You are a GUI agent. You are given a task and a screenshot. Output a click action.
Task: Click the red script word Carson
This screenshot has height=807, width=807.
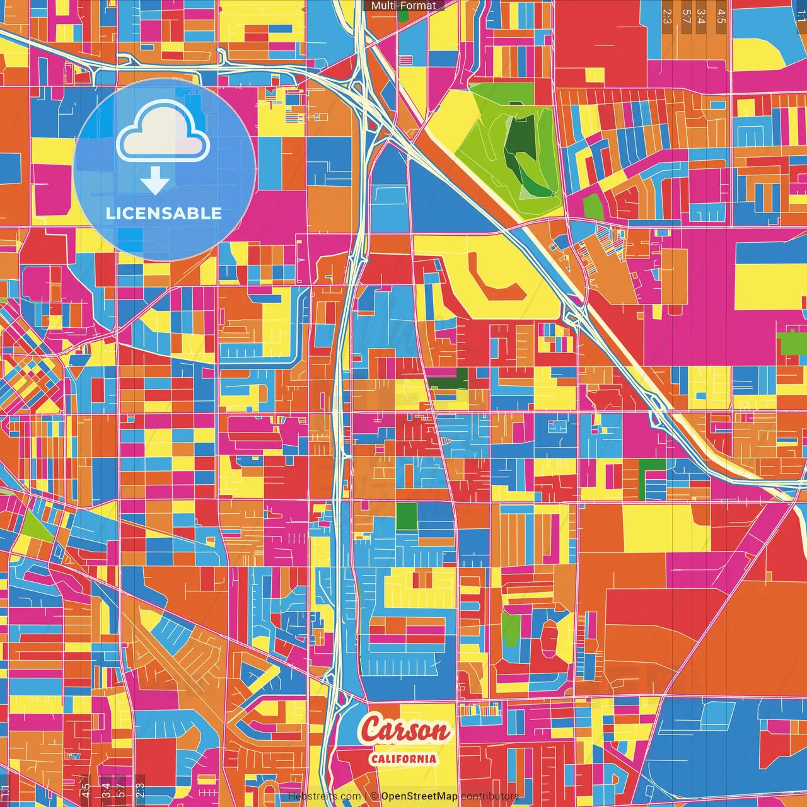tap(405, 731)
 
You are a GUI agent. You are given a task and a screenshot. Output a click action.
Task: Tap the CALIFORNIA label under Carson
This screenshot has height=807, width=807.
tap(403, 758)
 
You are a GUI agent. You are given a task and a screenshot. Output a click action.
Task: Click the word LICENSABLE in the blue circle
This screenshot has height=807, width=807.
tap(164, 213)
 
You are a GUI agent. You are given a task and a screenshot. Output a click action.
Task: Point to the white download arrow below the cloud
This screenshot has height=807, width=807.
tap(155, 182)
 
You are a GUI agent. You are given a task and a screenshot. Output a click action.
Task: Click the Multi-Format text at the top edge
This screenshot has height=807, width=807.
tap(403, 6)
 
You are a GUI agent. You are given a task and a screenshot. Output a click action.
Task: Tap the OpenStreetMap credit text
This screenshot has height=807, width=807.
tap(419, 796)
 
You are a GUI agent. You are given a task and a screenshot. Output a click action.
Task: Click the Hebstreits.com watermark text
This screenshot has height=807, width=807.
tap(325, 796)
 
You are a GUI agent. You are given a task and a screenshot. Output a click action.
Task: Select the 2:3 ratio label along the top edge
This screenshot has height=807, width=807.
tap(668, 16)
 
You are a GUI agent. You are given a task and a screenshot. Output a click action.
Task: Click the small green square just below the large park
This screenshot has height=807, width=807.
tap(593, 206)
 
